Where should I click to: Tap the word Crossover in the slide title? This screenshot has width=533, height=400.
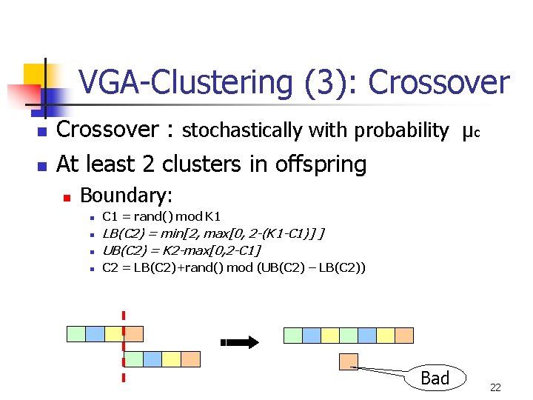439,83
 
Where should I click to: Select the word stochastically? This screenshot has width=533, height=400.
241,131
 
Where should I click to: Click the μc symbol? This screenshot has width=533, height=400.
470,132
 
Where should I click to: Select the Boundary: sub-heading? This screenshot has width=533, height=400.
126,196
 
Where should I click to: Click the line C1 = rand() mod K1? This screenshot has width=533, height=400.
161,217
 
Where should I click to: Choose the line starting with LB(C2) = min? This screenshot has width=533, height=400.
213,234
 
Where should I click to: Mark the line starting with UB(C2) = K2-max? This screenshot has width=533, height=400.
181,250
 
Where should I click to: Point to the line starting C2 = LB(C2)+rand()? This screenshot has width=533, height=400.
234,267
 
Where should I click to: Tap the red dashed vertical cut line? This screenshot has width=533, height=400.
123,344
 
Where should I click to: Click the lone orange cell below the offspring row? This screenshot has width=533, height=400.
348,361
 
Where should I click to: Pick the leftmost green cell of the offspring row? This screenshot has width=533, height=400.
293,335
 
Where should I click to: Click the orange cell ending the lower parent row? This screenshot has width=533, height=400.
191,359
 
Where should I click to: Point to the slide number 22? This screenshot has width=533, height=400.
495,387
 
